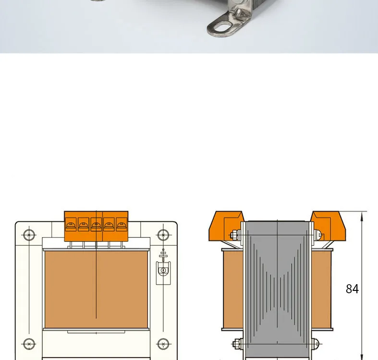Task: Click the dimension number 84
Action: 352,288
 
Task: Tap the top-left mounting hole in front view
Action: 29,235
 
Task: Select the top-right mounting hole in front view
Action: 163,235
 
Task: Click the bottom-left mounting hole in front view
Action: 29,344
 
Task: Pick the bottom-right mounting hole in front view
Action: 163,344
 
